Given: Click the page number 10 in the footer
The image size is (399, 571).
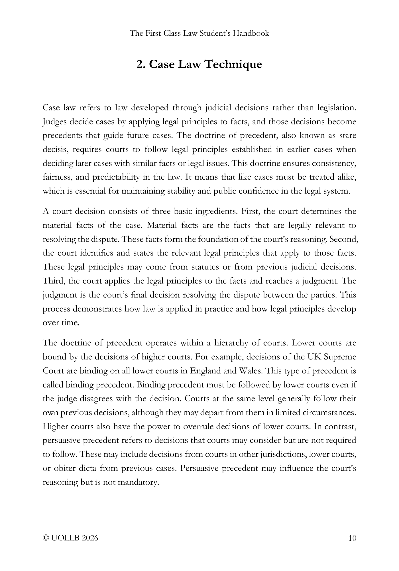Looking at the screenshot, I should pos(352,538).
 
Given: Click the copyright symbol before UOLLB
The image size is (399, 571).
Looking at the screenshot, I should pos(45,538).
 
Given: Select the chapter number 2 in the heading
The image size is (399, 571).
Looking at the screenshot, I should pos(139,64).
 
